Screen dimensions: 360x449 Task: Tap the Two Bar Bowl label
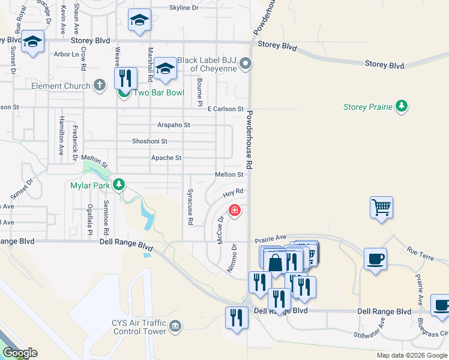(150, 93)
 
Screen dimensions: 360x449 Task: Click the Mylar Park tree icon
(119, 184)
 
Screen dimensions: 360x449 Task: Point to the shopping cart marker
(381, 208)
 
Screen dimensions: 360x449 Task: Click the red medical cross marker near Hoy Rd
(234, 210)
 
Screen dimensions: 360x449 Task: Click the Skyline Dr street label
(184, 8)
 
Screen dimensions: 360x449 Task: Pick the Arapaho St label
(173, 125)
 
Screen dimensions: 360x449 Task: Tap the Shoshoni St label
(149, 142)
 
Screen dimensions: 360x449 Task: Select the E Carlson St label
(225, 109)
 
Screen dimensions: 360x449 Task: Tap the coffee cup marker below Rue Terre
(376, 259)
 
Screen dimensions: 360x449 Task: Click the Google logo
(20, 353)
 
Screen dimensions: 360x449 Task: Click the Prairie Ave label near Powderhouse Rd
(271, 238)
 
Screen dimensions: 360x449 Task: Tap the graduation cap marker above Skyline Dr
(139, 22)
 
